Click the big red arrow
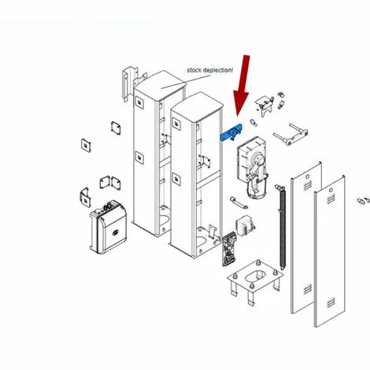(x=242, y=84)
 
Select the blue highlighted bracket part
(x=231, y=133)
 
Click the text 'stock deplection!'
(x=209, y=70)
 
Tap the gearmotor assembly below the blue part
(x=252, y=168)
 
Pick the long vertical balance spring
(x=282, y=227)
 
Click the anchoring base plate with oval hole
(x=255, y=281)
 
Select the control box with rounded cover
(x=109, y=228)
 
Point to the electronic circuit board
(x=229, y=250)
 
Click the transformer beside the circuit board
(x=245, y=226)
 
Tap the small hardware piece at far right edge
(x=364, y=200)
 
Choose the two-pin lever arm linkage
(x=290, y=135)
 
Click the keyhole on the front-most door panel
(x=331, y=190)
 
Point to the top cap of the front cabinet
(x=197, y=107)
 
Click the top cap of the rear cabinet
(x=160, y=84)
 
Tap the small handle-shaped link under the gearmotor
(x=239, y=202)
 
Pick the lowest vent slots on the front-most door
(x=331, y=303)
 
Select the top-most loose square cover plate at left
(x=116, y=128)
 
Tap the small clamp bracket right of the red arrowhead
(x=264, y=105)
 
